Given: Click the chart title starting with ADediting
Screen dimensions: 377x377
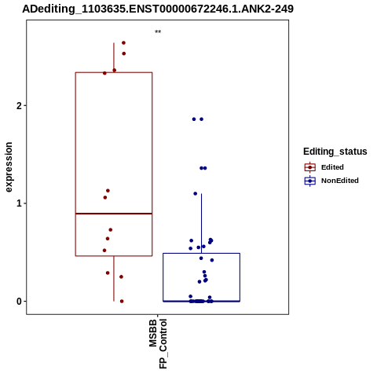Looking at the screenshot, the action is point(158,9).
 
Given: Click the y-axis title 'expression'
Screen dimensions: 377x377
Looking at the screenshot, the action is point(9,167).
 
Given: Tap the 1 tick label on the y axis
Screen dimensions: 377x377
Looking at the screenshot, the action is point(19,203).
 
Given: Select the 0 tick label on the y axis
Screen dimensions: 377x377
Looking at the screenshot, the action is point(19,302).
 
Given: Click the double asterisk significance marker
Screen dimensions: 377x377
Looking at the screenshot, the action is point(158,32).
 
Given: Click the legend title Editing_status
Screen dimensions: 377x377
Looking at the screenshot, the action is point(335,152).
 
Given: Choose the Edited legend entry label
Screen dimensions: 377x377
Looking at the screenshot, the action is point(332,167).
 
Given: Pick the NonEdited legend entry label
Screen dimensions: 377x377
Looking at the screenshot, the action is point(340,181).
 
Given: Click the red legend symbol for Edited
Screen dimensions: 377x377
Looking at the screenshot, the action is point(310,167).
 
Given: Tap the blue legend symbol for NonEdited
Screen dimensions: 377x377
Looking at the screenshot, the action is point(310,181).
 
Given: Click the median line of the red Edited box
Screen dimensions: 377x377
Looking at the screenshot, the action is point(114,214).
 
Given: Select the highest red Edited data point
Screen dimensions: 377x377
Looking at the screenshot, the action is point(123,43).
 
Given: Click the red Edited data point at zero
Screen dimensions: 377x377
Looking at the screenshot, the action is point(122,302).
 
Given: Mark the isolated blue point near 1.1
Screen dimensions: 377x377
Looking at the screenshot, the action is point(196,194).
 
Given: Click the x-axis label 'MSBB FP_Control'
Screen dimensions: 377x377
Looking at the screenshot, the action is point(158,343).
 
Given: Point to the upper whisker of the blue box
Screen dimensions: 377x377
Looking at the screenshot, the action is point(201,223).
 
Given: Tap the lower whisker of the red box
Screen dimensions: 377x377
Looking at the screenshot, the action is point(114,279).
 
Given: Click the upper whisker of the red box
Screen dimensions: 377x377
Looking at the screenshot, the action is point(114,57).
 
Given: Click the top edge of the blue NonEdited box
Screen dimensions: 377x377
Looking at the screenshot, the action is point(202,253).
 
